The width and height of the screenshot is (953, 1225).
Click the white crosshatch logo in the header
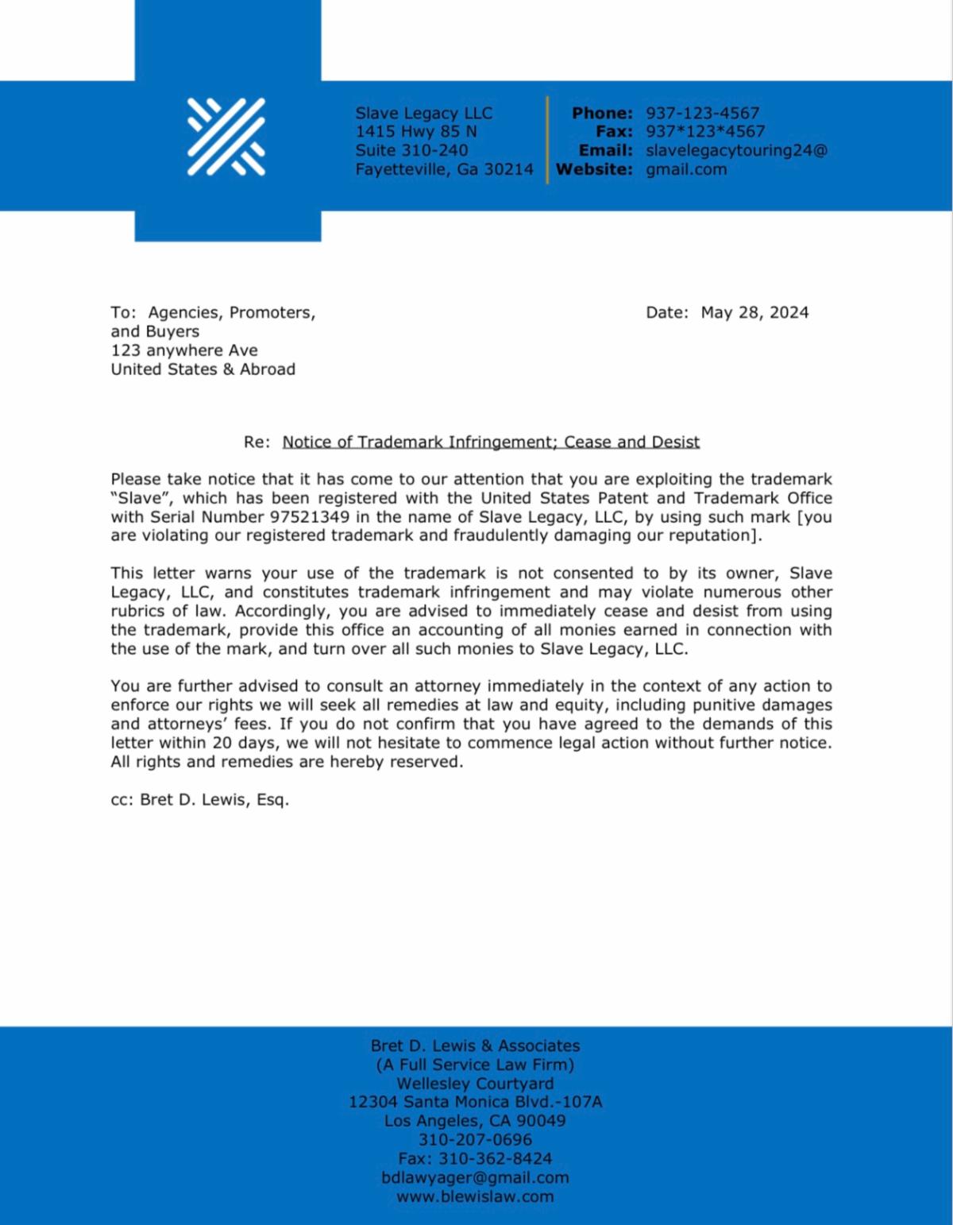click(226, 137)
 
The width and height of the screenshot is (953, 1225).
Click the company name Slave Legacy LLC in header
click(423, 113)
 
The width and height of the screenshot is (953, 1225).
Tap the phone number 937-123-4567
click(702, 113)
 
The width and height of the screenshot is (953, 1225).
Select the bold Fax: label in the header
click(614, 132)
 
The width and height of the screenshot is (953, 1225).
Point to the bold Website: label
click(594, 169)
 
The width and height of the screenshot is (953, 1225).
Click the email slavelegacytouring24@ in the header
click(736, 150)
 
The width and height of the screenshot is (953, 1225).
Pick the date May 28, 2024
click(754, 312)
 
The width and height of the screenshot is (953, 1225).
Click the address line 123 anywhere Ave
click(184, 350)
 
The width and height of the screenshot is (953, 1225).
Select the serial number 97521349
click(310, 516)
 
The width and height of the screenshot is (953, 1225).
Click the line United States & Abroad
click(203, 369)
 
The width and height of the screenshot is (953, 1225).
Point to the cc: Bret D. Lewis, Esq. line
click(199, 799)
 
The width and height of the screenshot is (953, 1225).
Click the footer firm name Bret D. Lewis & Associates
click(475, 1045)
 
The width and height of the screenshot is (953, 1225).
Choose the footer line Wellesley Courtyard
click(475, 1083)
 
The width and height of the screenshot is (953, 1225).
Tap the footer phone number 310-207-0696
click(475, 1139)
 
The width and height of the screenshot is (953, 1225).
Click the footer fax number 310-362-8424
click(495, 1158)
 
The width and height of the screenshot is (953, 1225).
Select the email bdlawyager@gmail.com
click(475, 1177)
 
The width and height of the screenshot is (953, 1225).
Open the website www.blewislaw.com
click(475, 1196)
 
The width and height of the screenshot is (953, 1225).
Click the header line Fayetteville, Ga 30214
click(444, 169)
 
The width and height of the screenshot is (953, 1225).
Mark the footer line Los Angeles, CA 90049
click(475, 1121)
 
